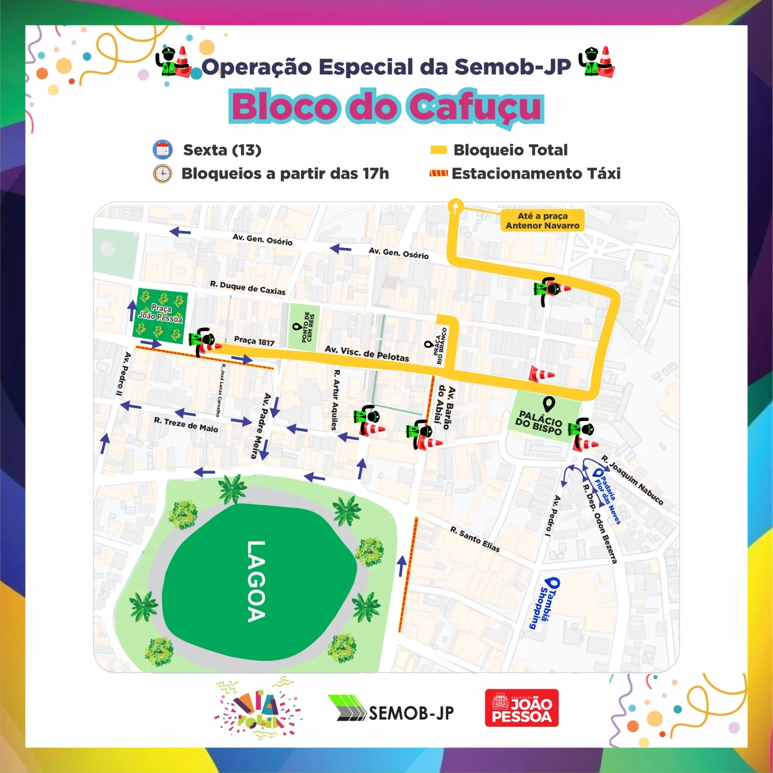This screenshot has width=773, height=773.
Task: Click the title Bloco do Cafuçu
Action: pos(386,106)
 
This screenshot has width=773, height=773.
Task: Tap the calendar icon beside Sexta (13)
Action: pos(163,149)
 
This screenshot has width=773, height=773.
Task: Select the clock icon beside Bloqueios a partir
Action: pos(163,174)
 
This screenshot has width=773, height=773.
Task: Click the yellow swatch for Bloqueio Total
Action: pos(438,150)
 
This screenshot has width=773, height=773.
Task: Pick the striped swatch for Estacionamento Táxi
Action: pos(438,173)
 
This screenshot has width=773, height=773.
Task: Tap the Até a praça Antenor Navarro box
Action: pos(542,220)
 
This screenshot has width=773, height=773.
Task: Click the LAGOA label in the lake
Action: pos(256,581)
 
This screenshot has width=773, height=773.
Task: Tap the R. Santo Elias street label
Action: pos(475,539)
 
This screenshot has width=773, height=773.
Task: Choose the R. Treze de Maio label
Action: pos(186,424)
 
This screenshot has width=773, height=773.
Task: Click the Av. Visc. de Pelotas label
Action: pos(367,353)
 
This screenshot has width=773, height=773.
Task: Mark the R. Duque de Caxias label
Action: pos(247,288)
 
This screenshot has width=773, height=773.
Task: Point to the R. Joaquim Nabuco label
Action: pos(632,480)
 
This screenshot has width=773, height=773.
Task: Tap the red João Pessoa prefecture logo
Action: pos(522,708)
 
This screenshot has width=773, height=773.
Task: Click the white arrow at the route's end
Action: pos(455,206)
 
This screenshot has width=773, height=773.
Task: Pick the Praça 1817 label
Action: pos(254,341)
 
